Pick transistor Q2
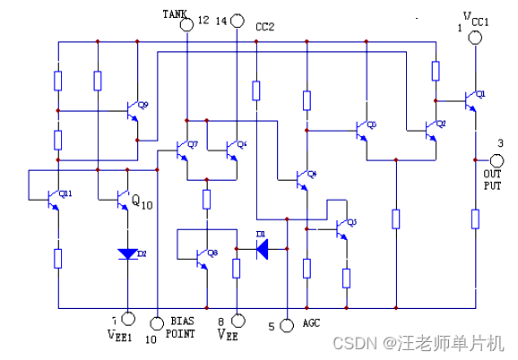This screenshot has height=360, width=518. point(431,130)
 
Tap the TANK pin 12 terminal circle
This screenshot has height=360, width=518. point(187,23)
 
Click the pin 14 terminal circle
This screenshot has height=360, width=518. point(237,21)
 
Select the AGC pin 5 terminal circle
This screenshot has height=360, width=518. point(287,325)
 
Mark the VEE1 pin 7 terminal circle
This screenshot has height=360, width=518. point(127,318)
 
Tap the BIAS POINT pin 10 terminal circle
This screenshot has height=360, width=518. point(158,320)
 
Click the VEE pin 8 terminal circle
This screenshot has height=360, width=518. point(237,320)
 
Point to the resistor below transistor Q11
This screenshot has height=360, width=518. point(57,259)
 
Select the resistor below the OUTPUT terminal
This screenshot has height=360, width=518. point(475,219)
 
